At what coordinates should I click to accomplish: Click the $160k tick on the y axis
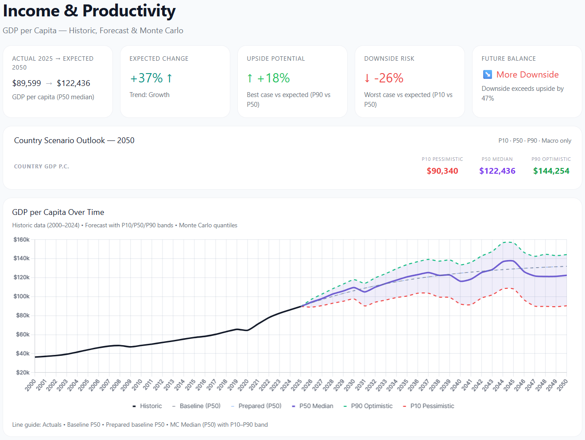coord(21,240)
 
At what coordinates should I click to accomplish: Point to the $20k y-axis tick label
coord(23,373)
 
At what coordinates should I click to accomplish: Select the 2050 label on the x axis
coord(562,385)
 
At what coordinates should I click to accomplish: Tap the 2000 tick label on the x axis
coord(31,385)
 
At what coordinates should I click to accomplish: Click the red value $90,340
coord(442,171)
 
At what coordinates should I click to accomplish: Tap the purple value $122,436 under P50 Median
coord(497,171)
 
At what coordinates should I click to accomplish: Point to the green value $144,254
coord(551,171)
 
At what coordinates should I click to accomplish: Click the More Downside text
coord(527,74)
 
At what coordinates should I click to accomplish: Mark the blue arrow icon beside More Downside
coord(487,74)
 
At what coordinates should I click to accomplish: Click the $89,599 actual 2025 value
coord(27,83)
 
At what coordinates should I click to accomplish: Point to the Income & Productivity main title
coord(89,11)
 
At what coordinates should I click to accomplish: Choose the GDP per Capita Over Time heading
coord(58,212)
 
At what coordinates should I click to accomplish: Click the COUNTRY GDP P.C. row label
coord(42,167)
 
